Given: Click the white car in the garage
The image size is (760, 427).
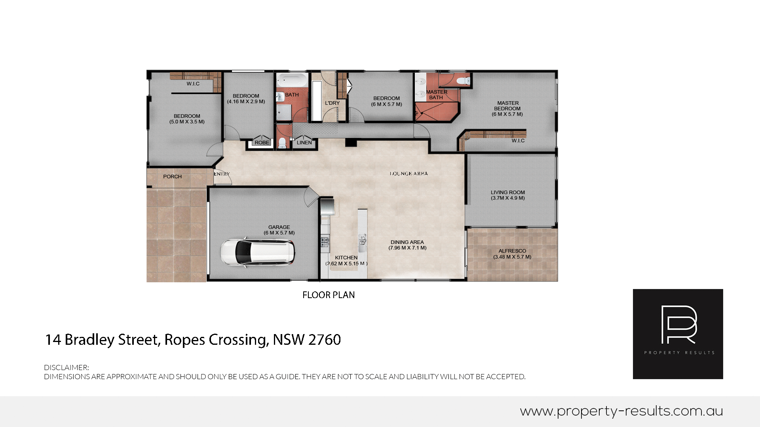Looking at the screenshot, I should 258,252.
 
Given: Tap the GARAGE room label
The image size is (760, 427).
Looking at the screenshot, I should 279,227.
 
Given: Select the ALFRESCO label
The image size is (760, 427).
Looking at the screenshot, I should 512,251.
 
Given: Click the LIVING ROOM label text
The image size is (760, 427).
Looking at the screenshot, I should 508,193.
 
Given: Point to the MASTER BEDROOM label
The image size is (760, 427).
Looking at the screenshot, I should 507,106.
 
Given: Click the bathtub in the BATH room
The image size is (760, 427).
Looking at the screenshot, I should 292,80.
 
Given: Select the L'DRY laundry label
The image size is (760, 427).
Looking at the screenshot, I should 332,103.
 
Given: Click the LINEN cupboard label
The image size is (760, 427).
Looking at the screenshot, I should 304,143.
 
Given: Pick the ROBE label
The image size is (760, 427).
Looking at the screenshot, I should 262,143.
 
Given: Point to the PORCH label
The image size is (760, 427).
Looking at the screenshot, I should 172,177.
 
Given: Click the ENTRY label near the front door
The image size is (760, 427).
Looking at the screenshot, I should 222,174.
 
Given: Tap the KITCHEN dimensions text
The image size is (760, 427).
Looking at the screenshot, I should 346,264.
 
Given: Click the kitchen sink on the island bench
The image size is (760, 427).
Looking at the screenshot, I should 362,240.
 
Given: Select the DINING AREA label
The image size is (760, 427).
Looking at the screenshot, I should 407,242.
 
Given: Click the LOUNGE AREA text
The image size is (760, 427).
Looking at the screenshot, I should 408,174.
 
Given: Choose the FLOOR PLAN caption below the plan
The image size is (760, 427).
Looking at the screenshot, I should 329,295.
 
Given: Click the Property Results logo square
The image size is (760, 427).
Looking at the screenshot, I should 678,334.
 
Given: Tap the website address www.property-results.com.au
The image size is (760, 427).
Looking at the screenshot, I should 621,411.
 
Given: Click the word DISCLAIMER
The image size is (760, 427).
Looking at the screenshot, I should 66,368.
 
